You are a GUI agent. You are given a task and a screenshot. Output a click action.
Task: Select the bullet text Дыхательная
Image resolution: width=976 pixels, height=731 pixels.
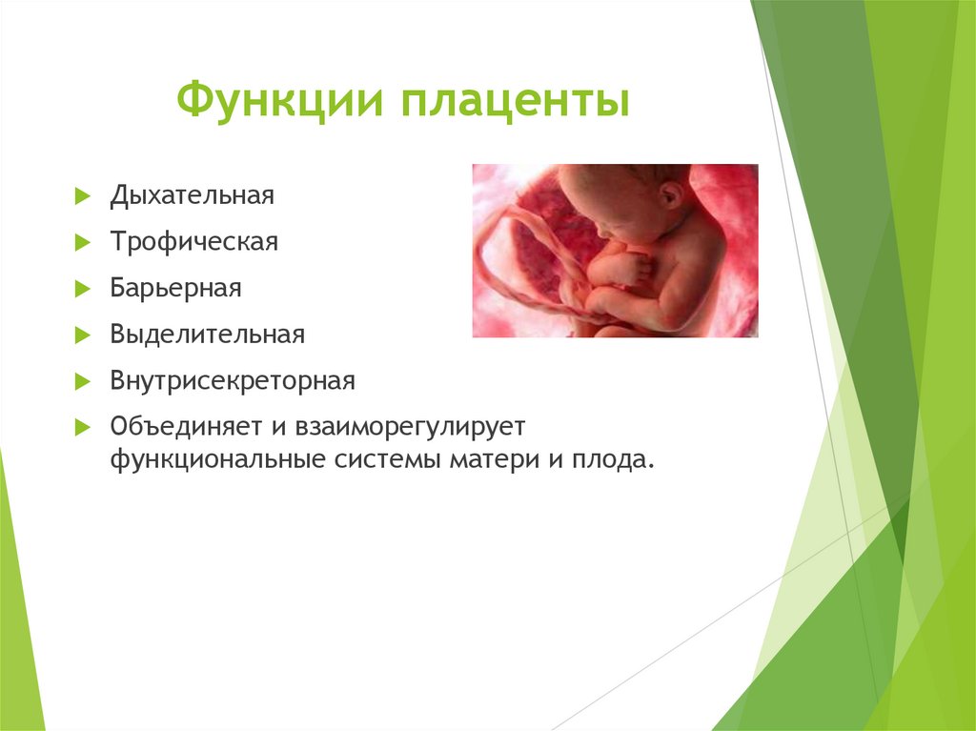tap(192, 195)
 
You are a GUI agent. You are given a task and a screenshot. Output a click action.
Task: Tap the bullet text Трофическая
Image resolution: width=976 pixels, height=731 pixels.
tap(193, 242)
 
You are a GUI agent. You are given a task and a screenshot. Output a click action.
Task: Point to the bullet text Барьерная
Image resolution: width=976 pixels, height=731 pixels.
tap(174, 288)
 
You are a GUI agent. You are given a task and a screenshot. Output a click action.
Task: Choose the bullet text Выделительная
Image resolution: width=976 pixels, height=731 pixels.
tap(207, 335)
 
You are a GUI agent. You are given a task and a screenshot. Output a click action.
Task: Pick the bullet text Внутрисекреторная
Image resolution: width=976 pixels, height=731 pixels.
tap(232, 381)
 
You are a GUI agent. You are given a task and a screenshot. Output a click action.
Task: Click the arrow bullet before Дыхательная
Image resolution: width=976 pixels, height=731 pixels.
tap(82, 196)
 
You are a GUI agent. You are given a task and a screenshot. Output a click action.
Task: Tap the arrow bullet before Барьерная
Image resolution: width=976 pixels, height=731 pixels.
tap(82, 289)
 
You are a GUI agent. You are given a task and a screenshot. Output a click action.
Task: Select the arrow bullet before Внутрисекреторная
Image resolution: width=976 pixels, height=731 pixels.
tap(82, 382)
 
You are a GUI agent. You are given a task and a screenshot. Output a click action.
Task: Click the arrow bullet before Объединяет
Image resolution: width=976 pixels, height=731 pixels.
tap(82, 425)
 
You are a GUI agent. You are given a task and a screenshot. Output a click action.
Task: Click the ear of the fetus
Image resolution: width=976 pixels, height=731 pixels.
tap(671, 194)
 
